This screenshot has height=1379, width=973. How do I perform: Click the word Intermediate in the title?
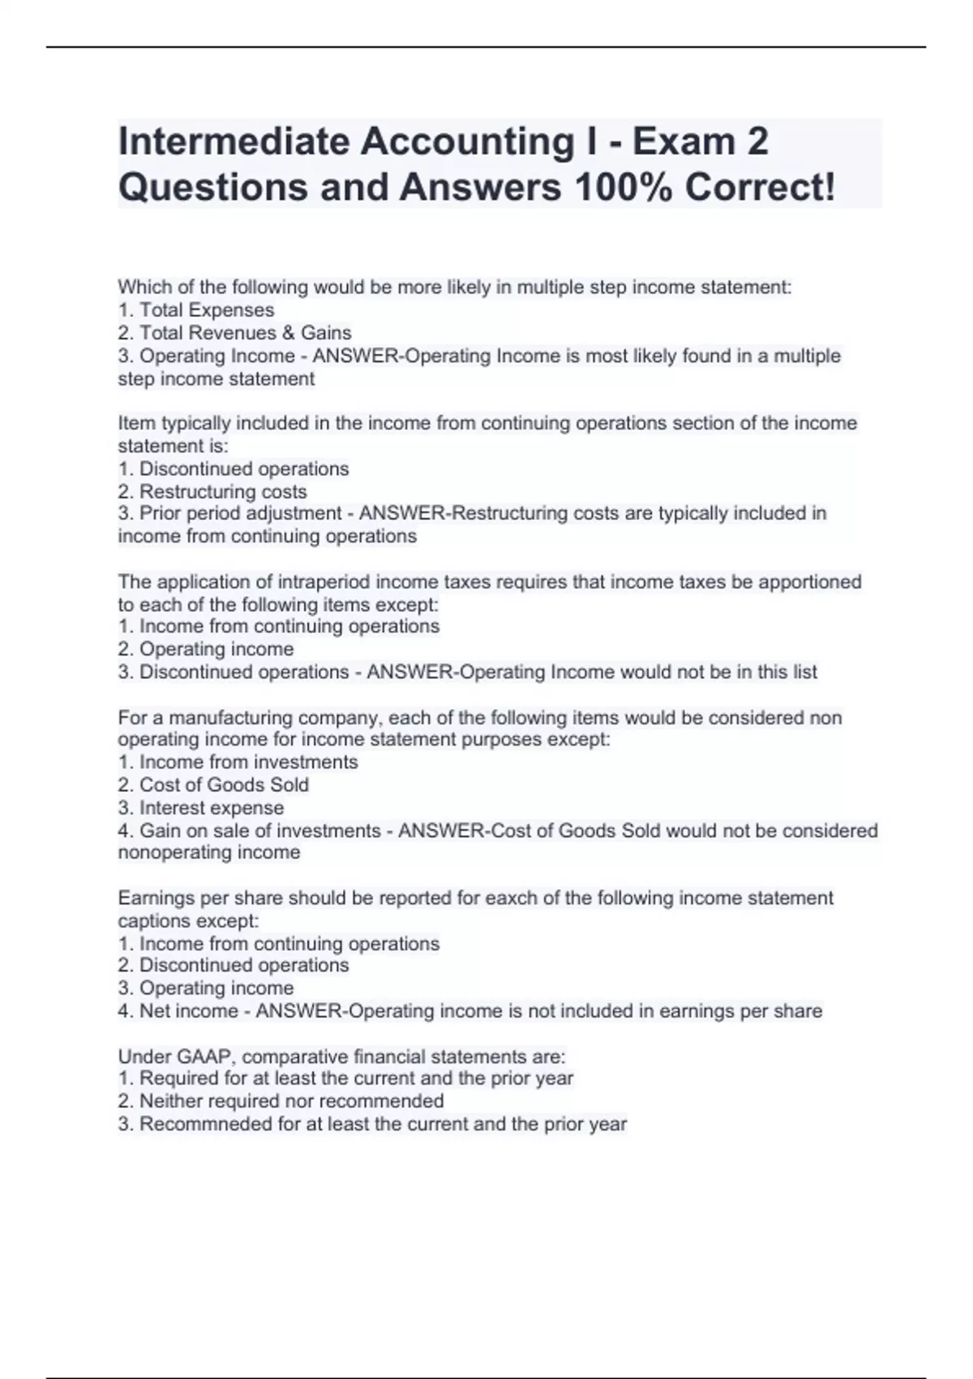tap(234, 142)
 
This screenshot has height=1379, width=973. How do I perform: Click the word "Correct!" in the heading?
tap(760, 187)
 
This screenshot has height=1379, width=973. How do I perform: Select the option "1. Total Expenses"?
tap(196, 310)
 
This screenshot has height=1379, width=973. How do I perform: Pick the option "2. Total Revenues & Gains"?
tap(235, 333)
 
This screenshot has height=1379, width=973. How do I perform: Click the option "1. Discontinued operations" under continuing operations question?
tap(234, 469)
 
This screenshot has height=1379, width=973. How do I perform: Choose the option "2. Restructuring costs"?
tap(212, 492)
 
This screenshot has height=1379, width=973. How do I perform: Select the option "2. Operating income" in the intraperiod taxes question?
tap(206, 649)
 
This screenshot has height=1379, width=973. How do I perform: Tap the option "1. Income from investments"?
tap(238, 762)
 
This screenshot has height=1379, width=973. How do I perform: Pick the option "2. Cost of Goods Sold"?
tap(213, 784)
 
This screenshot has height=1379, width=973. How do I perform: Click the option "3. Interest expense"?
tap(201, 808)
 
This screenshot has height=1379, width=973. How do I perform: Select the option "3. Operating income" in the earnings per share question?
tap(206, 988)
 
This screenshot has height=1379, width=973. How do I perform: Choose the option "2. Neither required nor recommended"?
tap(281, 1101)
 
